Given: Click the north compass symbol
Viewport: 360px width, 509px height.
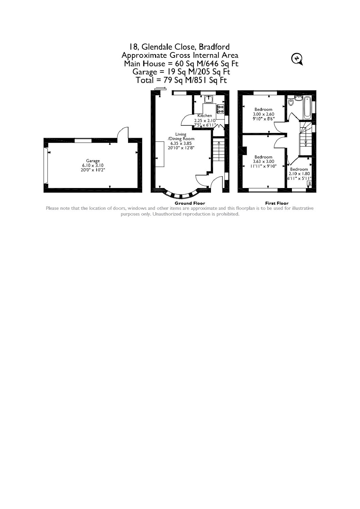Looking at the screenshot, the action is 297,59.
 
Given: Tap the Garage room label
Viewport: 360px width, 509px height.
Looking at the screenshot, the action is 93,161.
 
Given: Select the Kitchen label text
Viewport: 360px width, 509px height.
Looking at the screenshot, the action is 205,116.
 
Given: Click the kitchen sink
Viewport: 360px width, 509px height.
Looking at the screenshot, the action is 208,99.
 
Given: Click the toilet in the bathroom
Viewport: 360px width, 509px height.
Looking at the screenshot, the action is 291,102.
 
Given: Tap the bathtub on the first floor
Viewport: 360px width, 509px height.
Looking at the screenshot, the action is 307,108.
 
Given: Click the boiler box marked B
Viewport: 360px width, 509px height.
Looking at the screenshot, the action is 309,183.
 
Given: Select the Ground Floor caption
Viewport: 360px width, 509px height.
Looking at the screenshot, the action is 190,203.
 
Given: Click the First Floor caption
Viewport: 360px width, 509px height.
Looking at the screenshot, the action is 277,203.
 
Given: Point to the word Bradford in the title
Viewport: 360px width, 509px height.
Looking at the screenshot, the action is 214,47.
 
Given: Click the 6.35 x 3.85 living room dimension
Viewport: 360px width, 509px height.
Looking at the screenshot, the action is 181,143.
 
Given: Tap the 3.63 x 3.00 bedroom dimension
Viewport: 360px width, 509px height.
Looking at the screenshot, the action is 264,162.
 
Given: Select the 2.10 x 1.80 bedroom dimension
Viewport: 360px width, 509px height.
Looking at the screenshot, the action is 299,174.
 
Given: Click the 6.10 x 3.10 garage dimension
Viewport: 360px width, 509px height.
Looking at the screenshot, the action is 93,166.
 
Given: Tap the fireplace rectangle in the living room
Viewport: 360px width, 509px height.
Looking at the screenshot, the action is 160,154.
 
